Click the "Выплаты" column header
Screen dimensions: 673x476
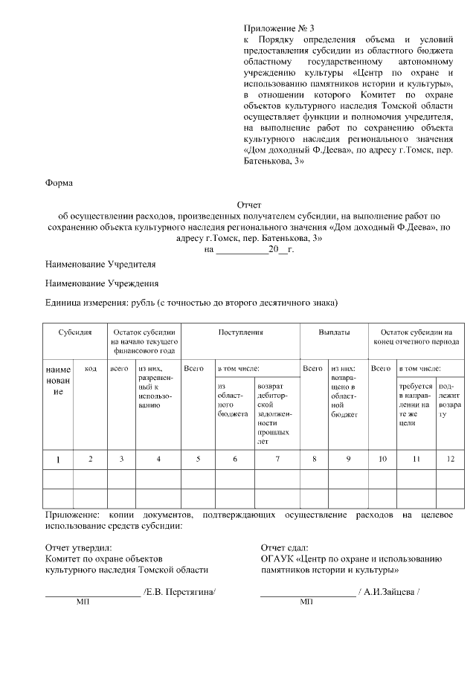pyautogui.click(x=333, y=333)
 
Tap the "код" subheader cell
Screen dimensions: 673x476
pyautogui.click(x=91, y=368)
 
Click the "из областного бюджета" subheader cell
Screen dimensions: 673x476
pyautogui.click(x=233, y=401)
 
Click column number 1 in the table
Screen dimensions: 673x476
pyautogui.click(x=59, y=459)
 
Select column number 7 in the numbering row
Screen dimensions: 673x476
pyautogui.click(x=277, y=459)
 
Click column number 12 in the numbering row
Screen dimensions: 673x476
pyautogui.click(x=449, y=459)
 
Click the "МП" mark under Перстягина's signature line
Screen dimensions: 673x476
pyautogui.click(x=83, y=602)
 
